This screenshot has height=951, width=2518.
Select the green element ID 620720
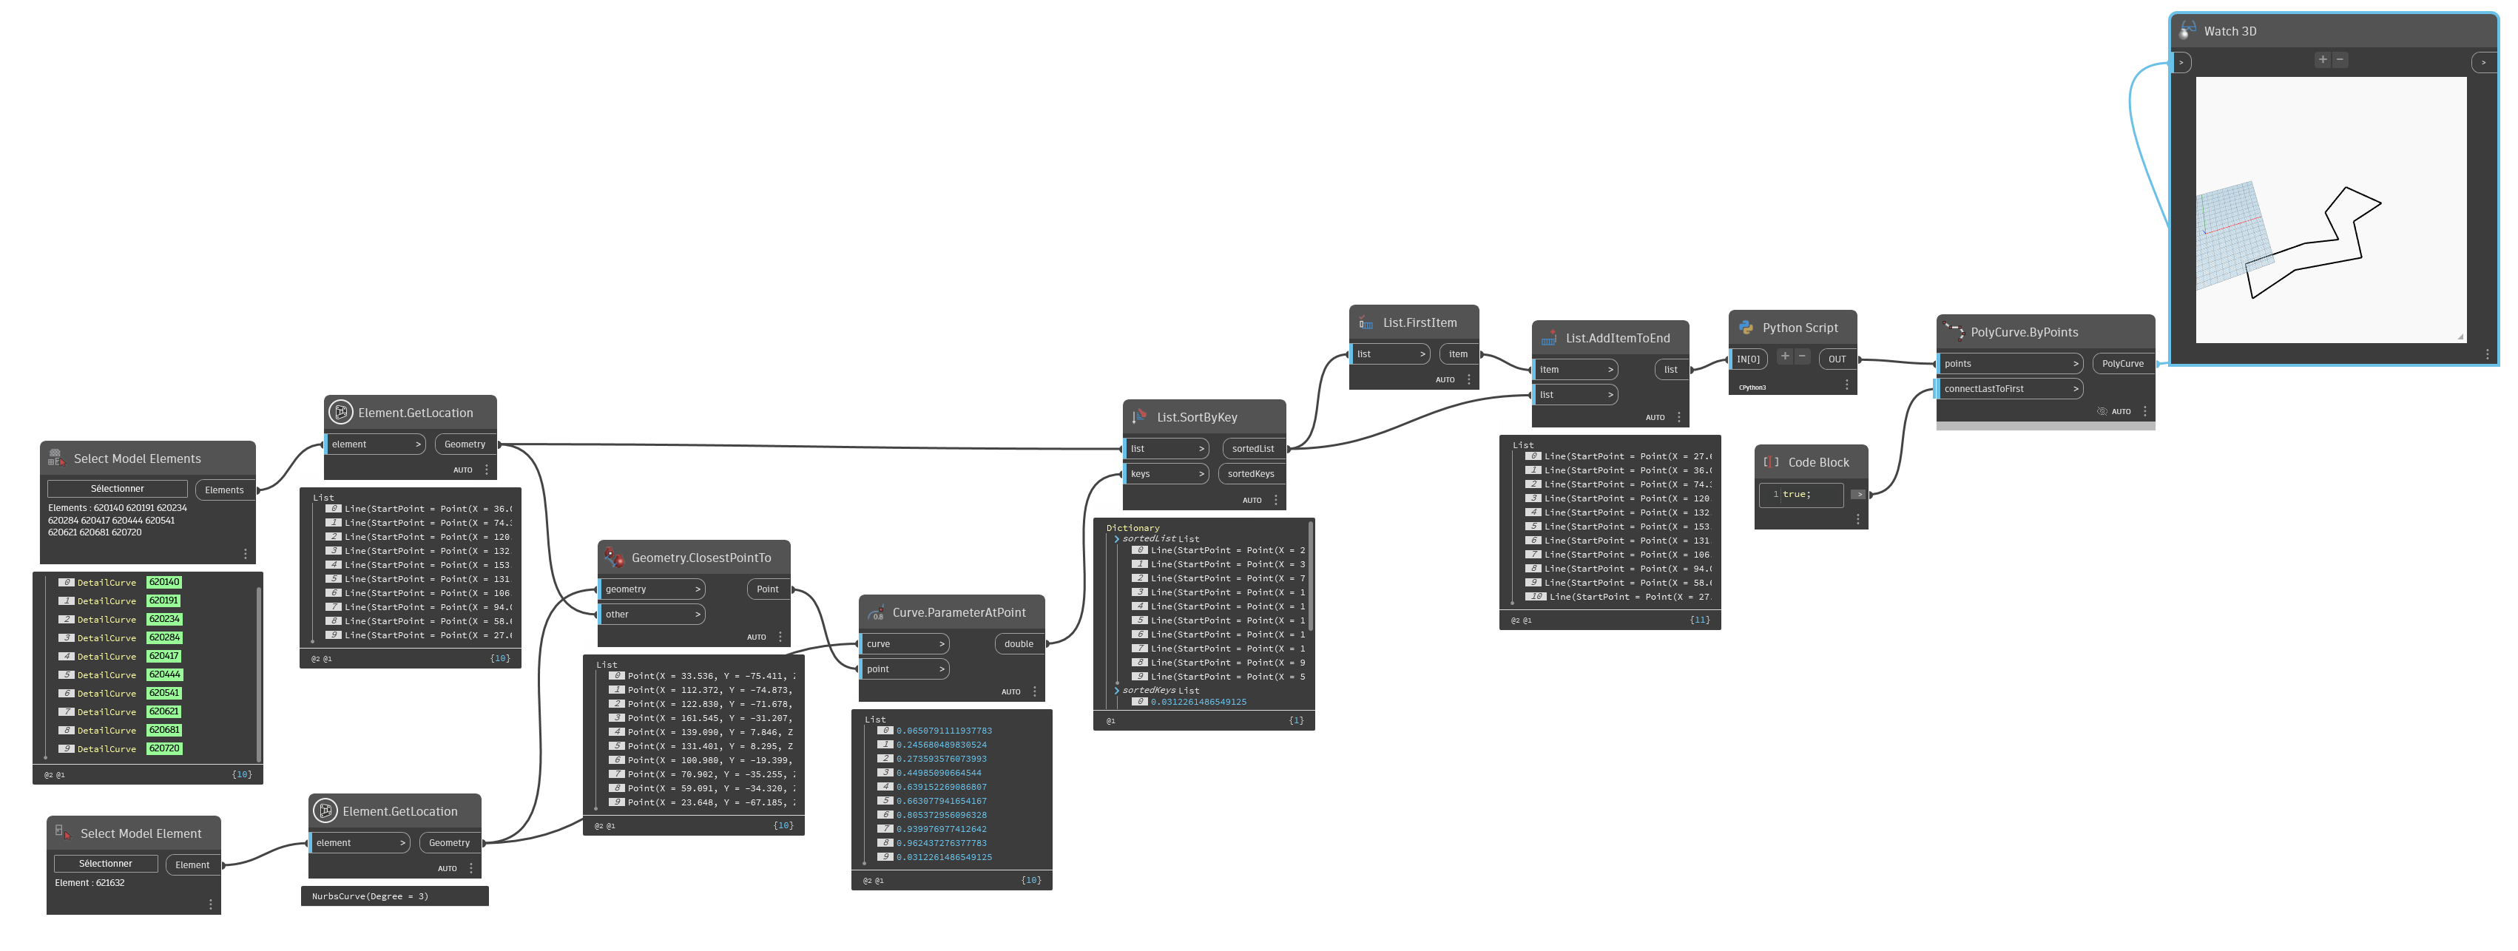(x=164, y=748)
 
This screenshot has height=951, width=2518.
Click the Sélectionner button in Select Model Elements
(x=118, y=489)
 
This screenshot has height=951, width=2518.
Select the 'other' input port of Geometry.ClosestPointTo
(x=651, y=615)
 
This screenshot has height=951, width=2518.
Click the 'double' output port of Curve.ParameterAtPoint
(x=1019, y=644)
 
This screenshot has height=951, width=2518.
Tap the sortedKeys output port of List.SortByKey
(x=1250, y=474)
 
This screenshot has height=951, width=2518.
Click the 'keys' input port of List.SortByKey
(x=1166, y=474)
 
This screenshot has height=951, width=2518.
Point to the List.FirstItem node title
(x=1420, y=322)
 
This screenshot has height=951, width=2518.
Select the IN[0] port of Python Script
(x=1748, y=359)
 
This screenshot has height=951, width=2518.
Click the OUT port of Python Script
(x=1837, y=359)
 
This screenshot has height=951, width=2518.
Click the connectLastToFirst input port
(x=2010, y=389)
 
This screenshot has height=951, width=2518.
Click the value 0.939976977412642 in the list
(x=942, y=829)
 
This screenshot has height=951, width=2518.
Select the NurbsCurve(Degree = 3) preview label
(x=370, y=896)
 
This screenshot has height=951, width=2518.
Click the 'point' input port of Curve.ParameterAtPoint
(x=904, y=669)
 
